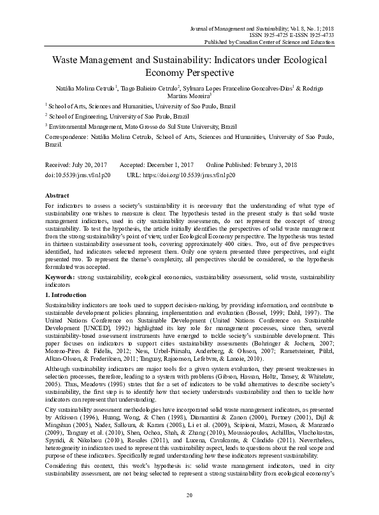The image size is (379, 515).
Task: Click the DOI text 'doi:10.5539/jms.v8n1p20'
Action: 77,173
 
